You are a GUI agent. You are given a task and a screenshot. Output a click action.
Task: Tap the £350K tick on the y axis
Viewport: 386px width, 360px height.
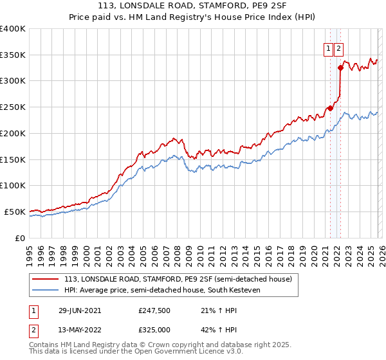13,55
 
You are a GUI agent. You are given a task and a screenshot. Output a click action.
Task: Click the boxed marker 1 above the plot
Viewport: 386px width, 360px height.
329,48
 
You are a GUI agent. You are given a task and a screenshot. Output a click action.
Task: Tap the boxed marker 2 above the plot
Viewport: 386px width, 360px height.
339,48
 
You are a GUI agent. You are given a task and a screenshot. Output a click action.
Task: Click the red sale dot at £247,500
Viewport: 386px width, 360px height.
330,108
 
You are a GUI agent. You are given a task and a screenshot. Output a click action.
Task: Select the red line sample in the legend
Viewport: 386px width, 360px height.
46,280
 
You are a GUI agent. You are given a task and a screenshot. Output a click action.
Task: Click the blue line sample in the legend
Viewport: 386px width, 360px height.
46,290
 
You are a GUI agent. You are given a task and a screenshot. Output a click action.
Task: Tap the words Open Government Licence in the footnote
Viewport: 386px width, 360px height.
173,352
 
